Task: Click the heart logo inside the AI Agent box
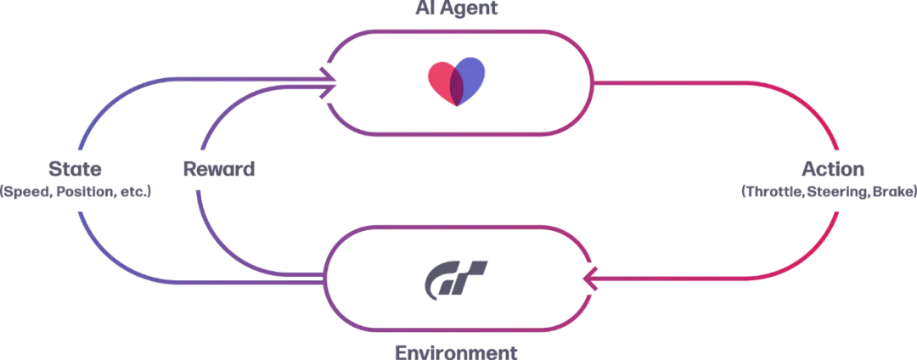tap(456, 82)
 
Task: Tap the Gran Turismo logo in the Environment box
tap(456, 278)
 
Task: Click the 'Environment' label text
tap(456, 352)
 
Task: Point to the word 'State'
tap(76, 168)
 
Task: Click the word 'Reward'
tap(219, 168)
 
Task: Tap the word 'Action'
tap(833, 168)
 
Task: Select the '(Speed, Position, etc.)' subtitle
tap(76, 192)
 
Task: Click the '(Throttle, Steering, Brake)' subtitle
tap(829, 192)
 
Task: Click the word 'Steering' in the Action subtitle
tap(835, 192)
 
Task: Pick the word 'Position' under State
tap(83, 192)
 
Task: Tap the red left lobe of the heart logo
tap(440, 78)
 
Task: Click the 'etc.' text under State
tap(135, 192)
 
